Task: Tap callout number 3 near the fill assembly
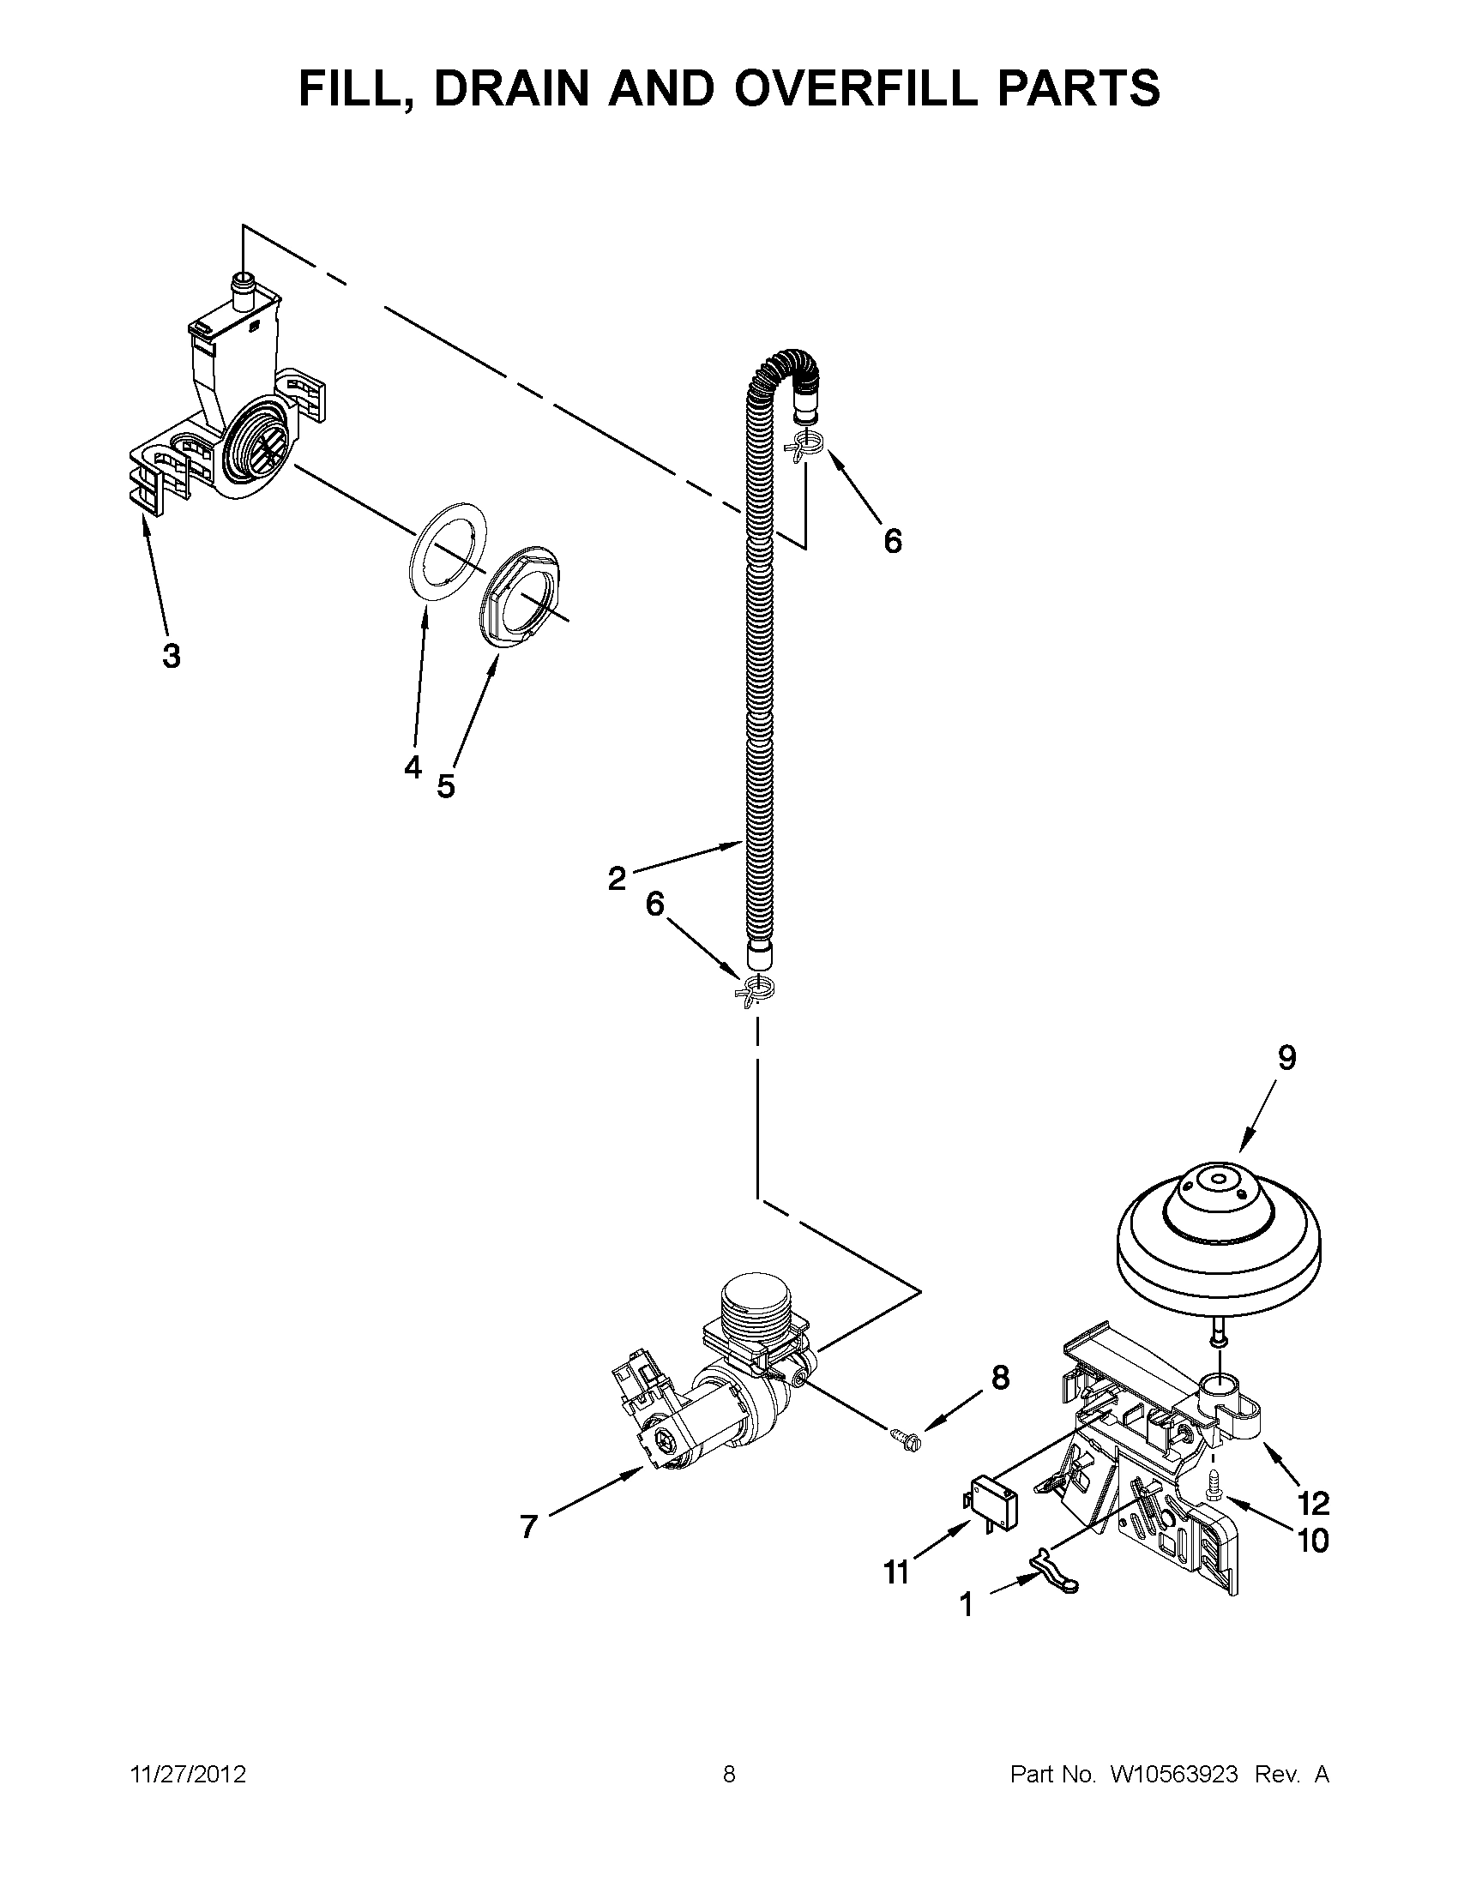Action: pos(172,656)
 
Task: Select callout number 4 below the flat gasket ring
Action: pos(413,766)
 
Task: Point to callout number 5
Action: pos(445,786)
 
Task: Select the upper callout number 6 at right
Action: pos(892,541)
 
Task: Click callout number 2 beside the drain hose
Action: pos(616,879)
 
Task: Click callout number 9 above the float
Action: pos(1286,1058)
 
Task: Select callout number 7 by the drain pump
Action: pos(529,1527)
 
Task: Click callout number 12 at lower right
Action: pos(1313,1504)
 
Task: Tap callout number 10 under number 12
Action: pos(1313,1541)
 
